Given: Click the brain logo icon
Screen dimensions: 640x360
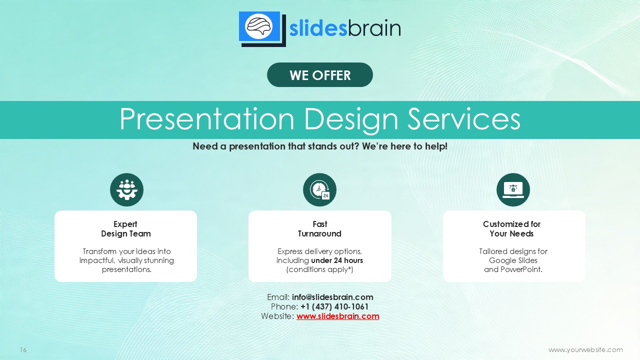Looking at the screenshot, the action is pyautogui.click(x=262, y=29).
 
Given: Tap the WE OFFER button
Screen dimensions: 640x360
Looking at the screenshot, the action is pyautogui.click(x=319, y=75).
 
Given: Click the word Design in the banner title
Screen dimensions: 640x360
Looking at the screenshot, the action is pyautogui.click(x=351, y=119).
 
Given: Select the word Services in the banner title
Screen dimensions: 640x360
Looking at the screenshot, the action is pyautogui.click(x=463, y=119).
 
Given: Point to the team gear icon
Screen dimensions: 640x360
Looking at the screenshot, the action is pyautogui.click(x=126, y=189).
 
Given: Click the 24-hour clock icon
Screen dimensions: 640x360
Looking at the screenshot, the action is pyautogui.click(x=319, y=189).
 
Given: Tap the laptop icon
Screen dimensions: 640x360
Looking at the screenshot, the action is pyautogui.click(x=513, y=189).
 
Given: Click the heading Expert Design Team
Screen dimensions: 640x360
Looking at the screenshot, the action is pyautogui.click(x=125, y=229).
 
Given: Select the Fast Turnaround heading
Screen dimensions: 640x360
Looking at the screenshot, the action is pyautogui.click(x=319, y=229).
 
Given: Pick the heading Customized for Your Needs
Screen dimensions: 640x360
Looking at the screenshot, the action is pyautogui.click(x=511, y=229).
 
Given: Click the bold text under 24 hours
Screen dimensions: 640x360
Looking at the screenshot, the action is pyautogui.click(x=337, y=260).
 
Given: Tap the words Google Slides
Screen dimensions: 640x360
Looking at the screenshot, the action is pyautogui.click(x=513, y=260).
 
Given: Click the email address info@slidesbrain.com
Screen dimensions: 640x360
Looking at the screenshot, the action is pyautogui.click(x=332, y=297).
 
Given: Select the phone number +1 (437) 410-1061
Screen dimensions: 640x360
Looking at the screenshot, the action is pyautogui.click(x=334, y=306).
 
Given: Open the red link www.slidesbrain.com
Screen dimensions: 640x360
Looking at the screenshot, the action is pyautogui.click(x=337, y=316).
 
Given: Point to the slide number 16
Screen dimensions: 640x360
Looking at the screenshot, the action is pyautogui.click(x=23, y=349).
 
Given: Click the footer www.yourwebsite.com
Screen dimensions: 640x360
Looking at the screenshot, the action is pyautogui.click(x=585, y=349).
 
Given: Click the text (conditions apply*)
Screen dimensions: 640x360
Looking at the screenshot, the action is pyautogui.click(x=319, y=269).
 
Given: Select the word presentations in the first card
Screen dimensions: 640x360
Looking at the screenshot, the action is pyautogui.click(x=126, y=269).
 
